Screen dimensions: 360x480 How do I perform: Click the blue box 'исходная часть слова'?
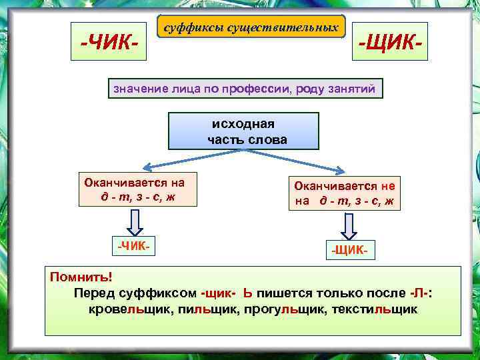(243, 131)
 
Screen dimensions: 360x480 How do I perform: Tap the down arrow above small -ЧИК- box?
(135, 221)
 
